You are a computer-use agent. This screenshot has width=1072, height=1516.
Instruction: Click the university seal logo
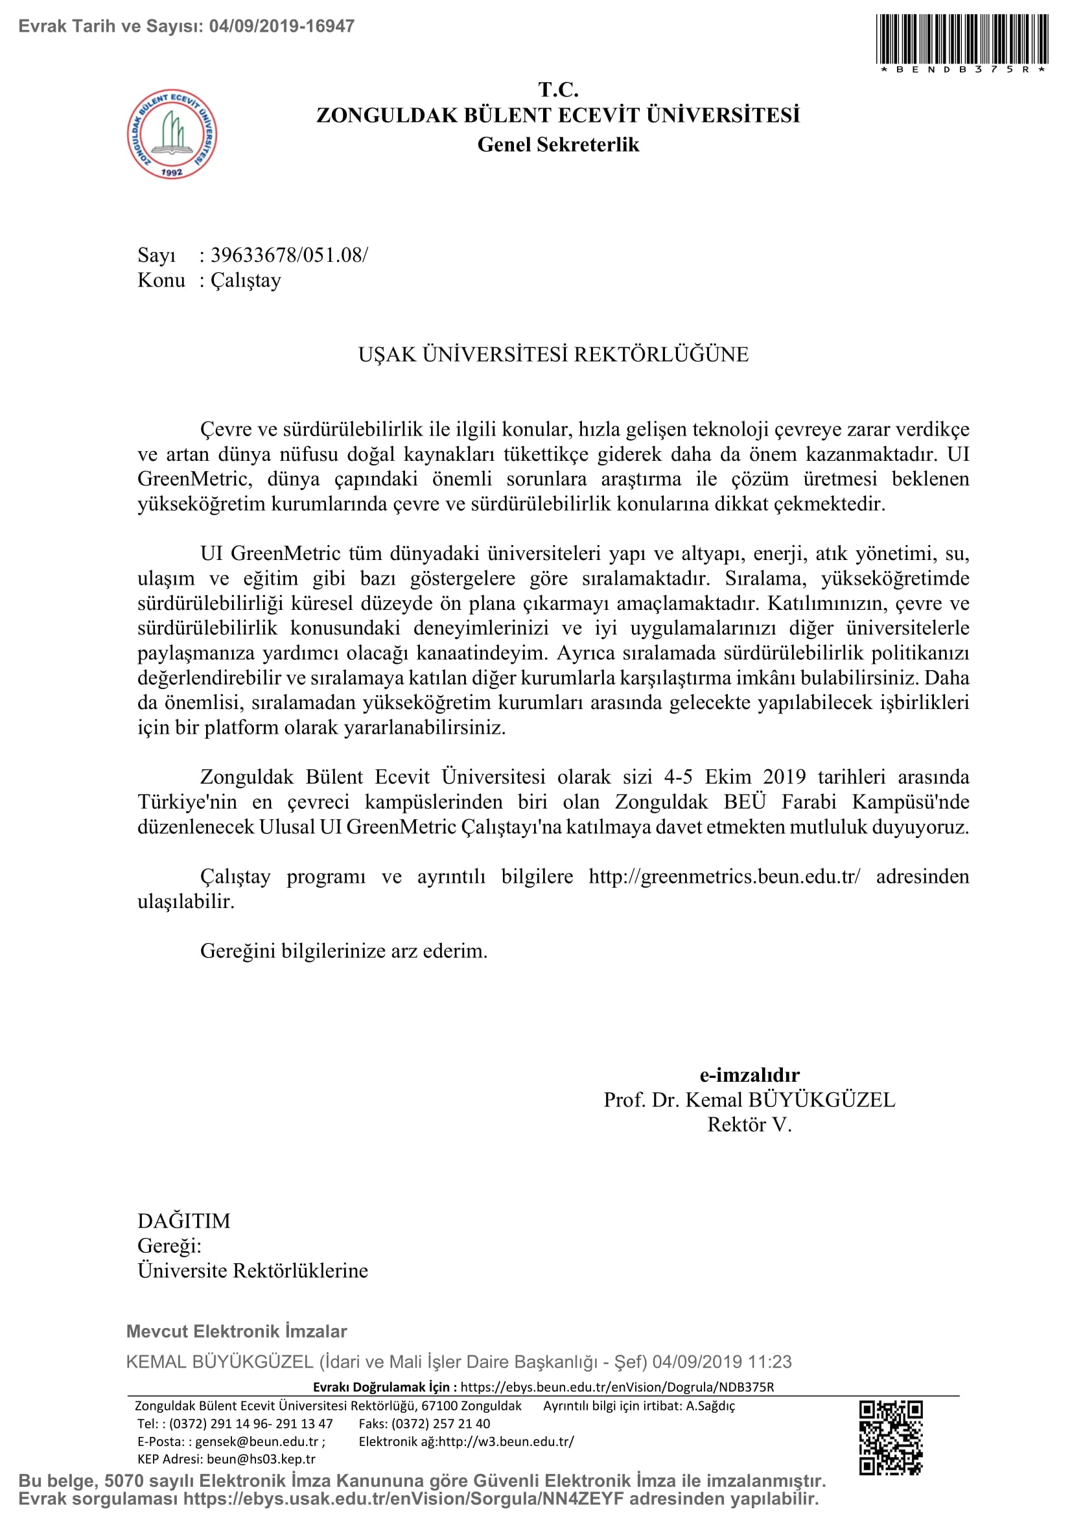(x=172, y=134)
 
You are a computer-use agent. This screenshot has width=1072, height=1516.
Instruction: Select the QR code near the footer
(x=891, y=1438)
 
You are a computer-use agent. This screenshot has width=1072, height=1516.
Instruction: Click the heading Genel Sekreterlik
(x=558, y=145)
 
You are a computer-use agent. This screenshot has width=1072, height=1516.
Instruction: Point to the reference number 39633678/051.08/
(x=289, y=255)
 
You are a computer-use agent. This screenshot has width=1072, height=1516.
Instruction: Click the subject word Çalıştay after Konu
(x=246, y=281)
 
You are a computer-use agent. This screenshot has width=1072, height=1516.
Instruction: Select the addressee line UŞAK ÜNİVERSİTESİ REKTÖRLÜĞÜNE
(x=553, y=355)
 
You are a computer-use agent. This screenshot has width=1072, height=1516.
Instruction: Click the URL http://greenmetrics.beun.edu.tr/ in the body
(x=724, y=876)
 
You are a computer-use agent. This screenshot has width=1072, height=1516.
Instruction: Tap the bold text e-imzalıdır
(x=749, y=1075)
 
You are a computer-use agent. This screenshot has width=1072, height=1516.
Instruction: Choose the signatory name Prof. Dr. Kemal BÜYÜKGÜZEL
(x=749, y=1100)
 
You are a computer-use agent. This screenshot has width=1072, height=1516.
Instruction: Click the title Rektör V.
(x=749, y=1125)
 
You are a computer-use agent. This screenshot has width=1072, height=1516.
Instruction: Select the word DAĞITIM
(x=183, y=1221)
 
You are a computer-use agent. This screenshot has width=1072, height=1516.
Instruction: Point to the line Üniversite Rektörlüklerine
(x=253, y=1270)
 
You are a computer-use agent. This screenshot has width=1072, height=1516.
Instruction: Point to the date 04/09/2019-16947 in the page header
(x=282, y=27)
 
